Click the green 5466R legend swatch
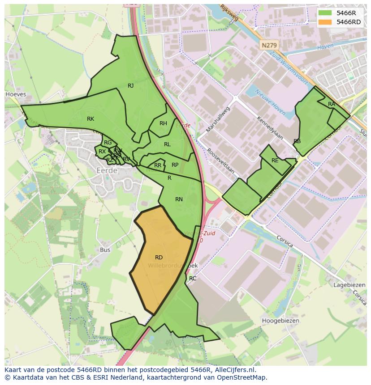[x=325, y=13]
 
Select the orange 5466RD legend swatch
[x=325, y=22]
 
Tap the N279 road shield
[x=269, y=45]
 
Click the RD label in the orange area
[x=159, y=258]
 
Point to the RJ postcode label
[x=130, y=86]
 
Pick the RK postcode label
[x=91, y=119]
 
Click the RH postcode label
[x=163, y=123]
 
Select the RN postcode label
[x=179, y=199]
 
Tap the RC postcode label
[x=193, y=278]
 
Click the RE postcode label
[x=275, y=161]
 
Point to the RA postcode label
[x=331, y=104]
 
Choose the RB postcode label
[x=297, y=141]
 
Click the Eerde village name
[x=107, y=170]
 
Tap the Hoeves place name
[x=16, y=95]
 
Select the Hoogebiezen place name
[x=281, y=321]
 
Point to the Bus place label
[x=105, y=250]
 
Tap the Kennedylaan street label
[x=269, y=128]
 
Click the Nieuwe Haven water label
[x=270, y=101]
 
